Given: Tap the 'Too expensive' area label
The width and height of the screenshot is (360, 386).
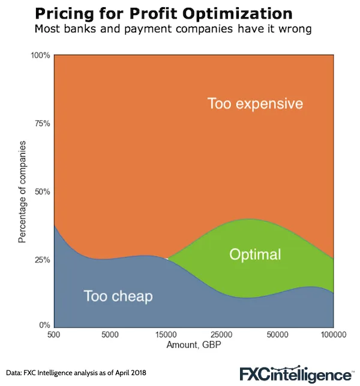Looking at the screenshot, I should (x=255, y=104).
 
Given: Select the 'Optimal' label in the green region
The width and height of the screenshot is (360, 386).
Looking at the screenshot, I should (x=255, y=255).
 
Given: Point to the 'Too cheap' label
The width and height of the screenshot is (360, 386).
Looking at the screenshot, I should (x=118, y=296).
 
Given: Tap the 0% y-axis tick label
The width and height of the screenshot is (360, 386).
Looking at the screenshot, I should (x=44, y=325).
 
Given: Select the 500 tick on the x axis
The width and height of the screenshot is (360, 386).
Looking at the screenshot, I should (x=55, y=334).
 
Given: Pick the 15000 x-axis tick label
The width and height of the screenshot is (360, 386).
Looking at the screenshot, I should (x=166, y=334).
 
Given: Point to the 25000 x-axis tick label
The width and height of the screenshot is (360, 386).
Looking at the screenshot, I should (x=221, y=334).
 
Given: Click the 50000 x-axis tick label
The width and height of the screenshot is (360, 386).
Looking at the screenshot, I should (x=277, y=334).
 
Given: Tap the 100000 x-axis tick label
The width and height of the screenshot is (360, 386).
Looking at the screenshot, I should (x=331, y=334).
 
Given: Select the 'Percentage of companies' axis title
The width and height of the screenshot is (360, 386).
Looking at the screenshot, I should (x=22, y=191).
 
